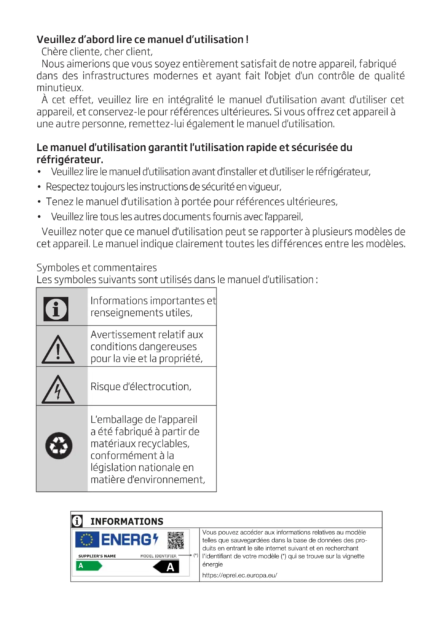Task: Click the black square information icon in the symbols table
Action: point(56,309)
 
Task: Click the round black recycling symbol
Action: point(59,446)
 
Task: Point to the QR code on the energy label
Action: point(176,541)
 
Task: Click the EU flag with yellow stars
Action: point(87,540)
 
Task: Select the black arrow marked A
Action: point(166,567)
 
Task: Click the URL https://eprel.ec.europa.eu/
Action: point(239,575)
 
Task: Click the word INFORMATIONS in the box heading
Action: point(127,521)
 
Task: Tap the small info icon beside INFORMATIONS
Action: point(77,521)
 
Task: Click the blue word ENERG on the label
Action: point(126,540)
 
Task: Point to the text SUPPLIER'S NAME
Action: point(97,556)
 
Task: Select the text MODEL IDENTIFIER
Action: point(158,556)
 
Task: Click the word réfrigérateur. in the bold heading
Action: point(70,160)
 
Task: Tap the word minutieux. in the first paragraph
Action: point(60,88)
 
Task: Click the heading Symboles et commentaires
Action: point(96,267)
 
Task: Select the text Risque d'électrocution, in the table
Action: point(141,387)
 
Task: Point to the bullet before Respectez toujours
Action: point(39,187)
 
